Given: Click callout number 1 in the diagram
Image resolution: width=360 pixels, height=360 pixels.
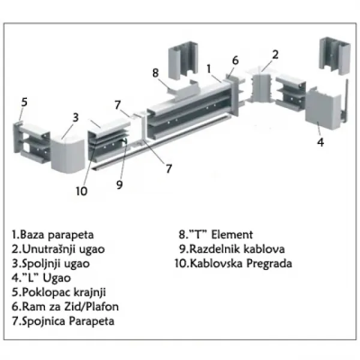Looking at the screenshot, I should (209, 68).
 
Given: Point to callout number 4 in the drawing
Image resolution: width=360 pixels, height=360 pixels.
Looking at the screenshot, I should (320, 142).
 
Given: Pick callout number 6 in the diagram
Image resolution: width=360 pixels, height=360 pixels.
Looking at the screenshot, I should (235, 60).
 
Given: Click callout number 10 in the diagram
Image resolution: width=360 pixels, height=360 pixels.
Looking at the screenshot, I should (82, 191).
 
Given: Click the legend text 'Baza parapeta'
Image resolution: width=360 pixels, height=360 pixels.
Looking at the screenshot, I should (57, 235).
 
